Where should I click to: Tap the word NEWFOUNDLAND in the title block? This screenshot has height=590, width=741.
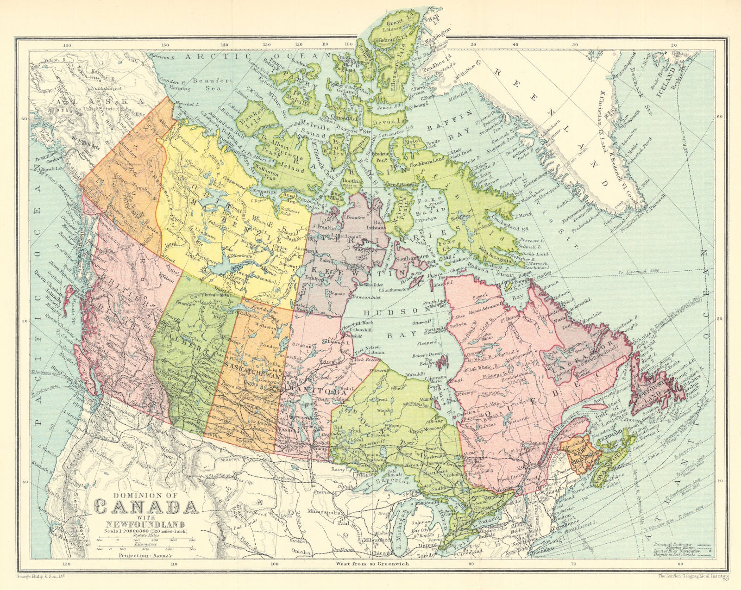[x=144, y=524]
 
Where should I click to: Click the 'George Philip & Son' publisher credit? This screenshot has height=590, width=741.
[x=38, y=577]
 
